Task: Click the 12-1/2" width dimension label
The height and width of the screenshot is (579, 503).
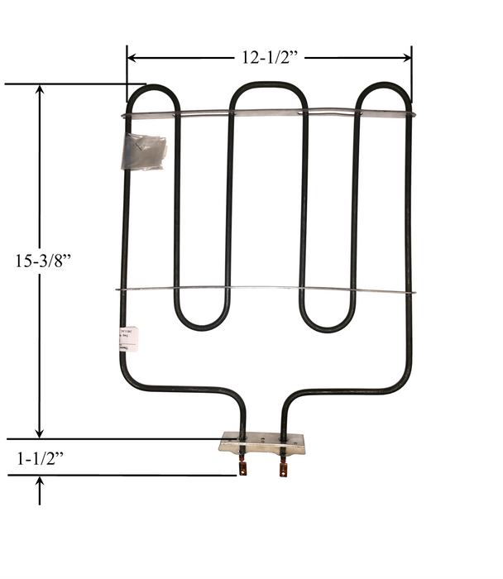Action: (269, 57)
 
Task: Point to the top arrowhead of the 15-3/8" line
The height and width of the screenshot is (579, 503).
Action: (39, 90)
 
